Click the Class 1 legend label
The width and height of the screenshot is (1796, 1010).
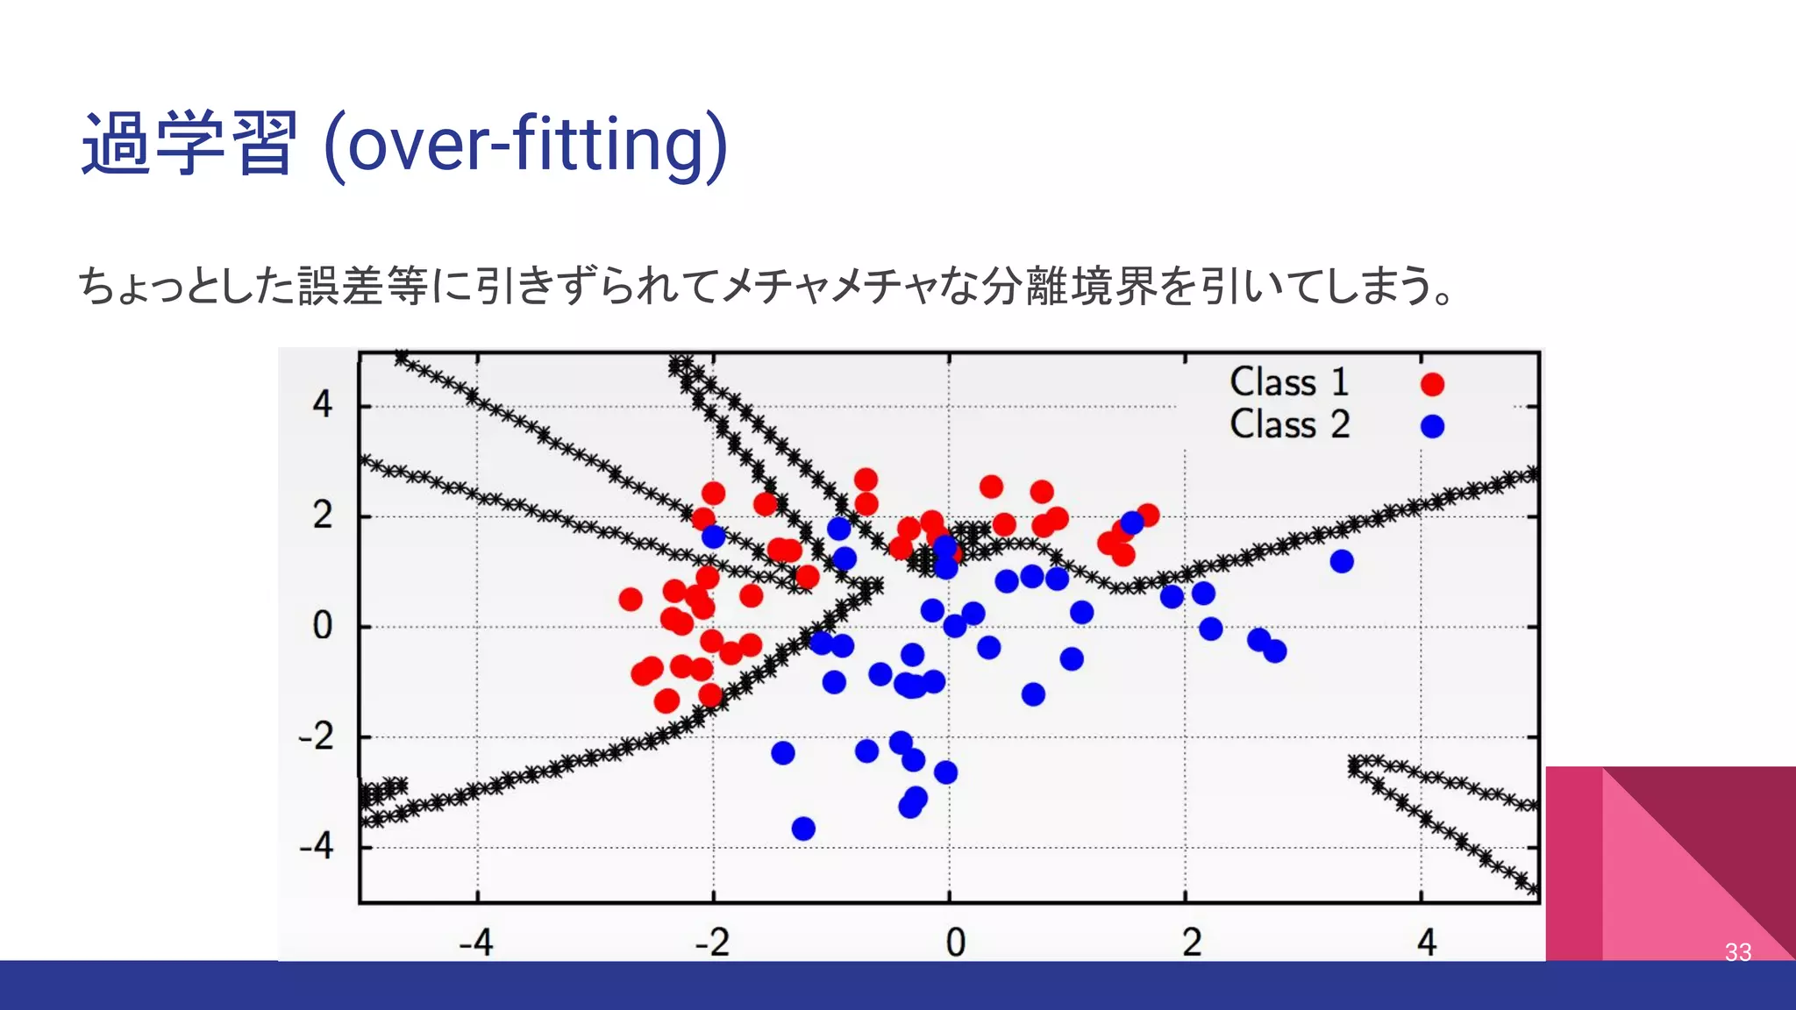[x=1287, y=383]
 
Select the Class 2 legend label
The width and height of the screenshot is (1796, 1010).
[x=1287, y=425]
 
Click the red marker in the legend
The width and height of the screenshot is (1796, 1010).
[x=1432, y=384]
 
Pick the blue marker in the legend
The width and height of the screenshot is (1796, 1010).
[x=1432, y=426]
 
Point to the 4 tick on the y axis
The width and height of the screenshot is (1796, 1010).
[x=323, y=405]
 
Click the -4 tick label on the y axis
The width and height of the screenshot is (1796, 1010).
[x=317, y=847]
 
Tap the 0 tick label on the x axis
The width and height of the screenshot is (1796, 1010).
[x=955, y=943]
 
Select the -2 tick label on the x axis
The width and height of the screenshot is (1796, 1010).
[x=712, y=943]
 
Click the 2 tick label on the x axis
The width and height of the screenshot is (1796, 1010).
[x=1191, y=943]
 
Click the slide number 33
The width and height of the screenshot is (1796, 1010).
[x=1737, y=952]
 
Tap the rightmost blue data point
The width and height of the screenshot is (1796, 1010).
[x=1341, y=561]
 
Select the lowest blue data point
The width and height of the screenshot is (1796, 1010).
[x=803, y=829]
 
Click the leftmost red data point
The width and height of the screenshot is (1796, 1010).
[x=631, y=600]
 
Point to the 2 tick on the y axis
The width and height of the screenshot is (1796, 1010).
[x=323, y=516]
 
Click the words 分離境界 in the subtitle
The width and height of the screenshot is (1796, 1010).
[x=1068, y=286]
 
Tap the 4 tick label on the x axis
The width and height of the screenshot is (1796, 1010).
[x=1427, y=943]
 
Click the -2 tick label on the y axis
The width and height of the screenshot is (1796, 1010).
[x=317, y=736]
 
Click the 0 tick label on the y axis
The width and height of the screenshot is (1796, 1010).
[x=323, y=626]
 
